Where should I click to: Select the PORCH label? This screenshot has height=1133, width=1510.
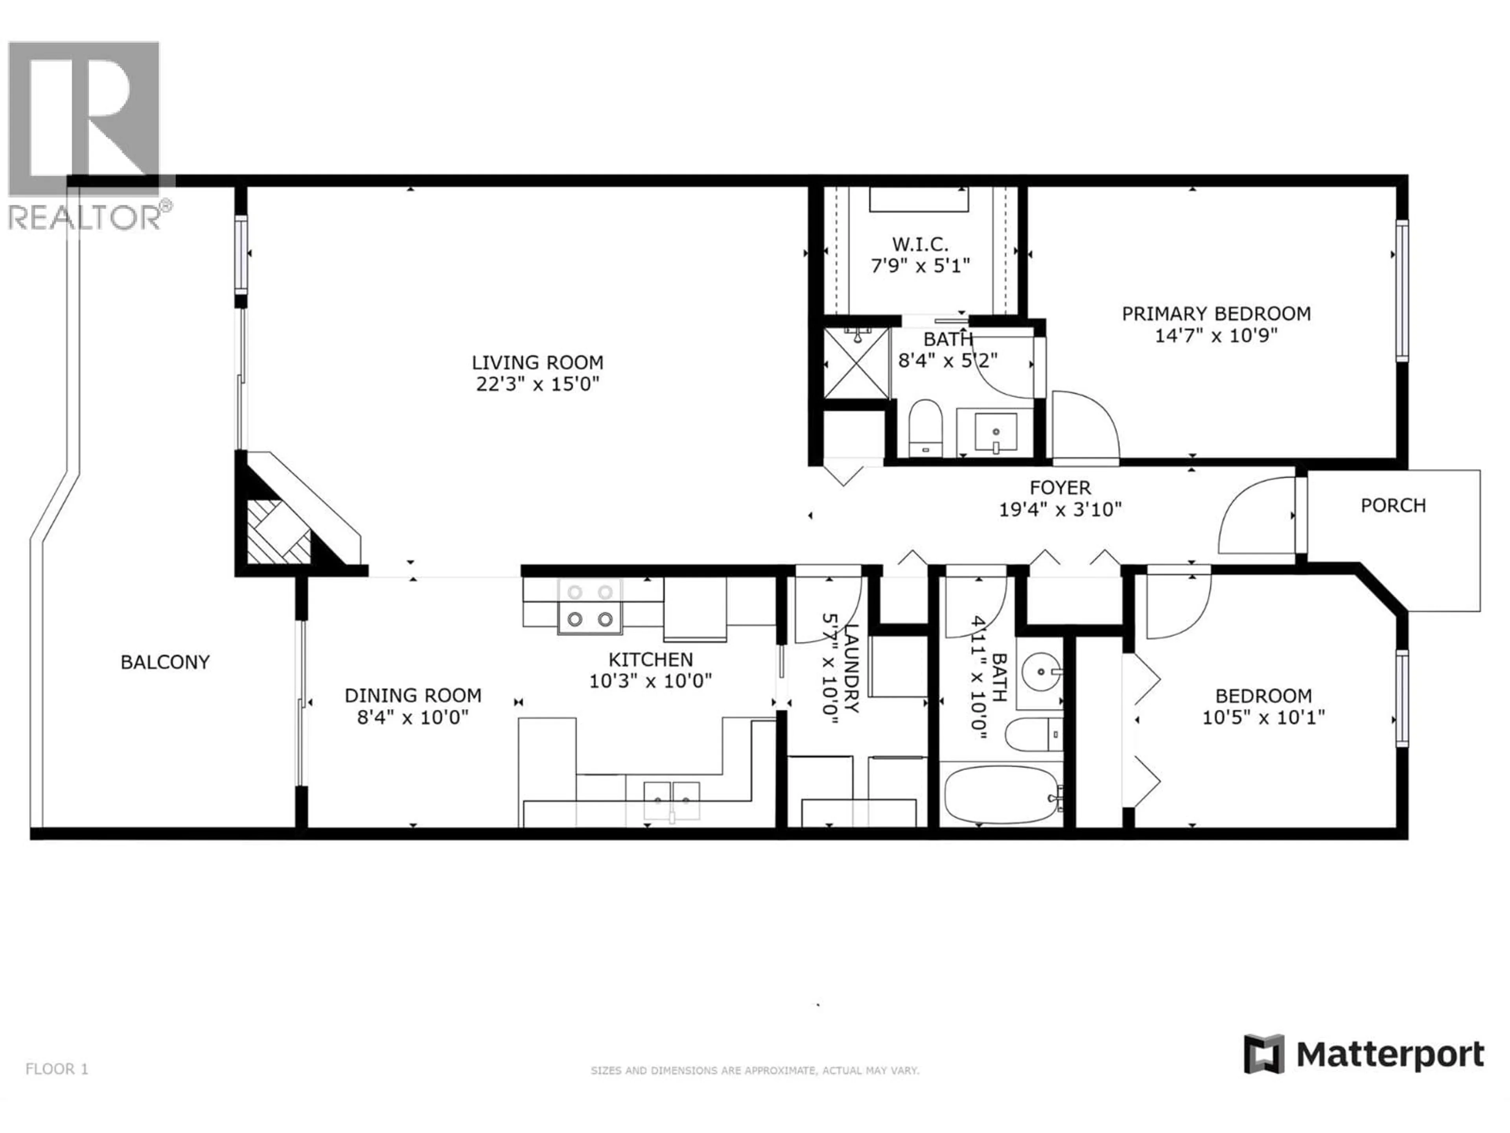click(x=1392, y=506)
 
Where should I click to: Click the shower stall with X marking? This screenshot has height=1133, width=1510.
click(x=856, y=363)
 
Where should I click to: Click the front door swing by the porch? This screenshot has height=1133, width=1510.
click(x=1256, y=518)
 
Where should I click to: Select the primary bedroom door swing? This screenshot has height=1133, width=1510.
click(x=1084, y=427)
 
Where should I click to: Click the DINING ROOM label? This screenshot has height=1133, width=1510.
click(x=412, y=695)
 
